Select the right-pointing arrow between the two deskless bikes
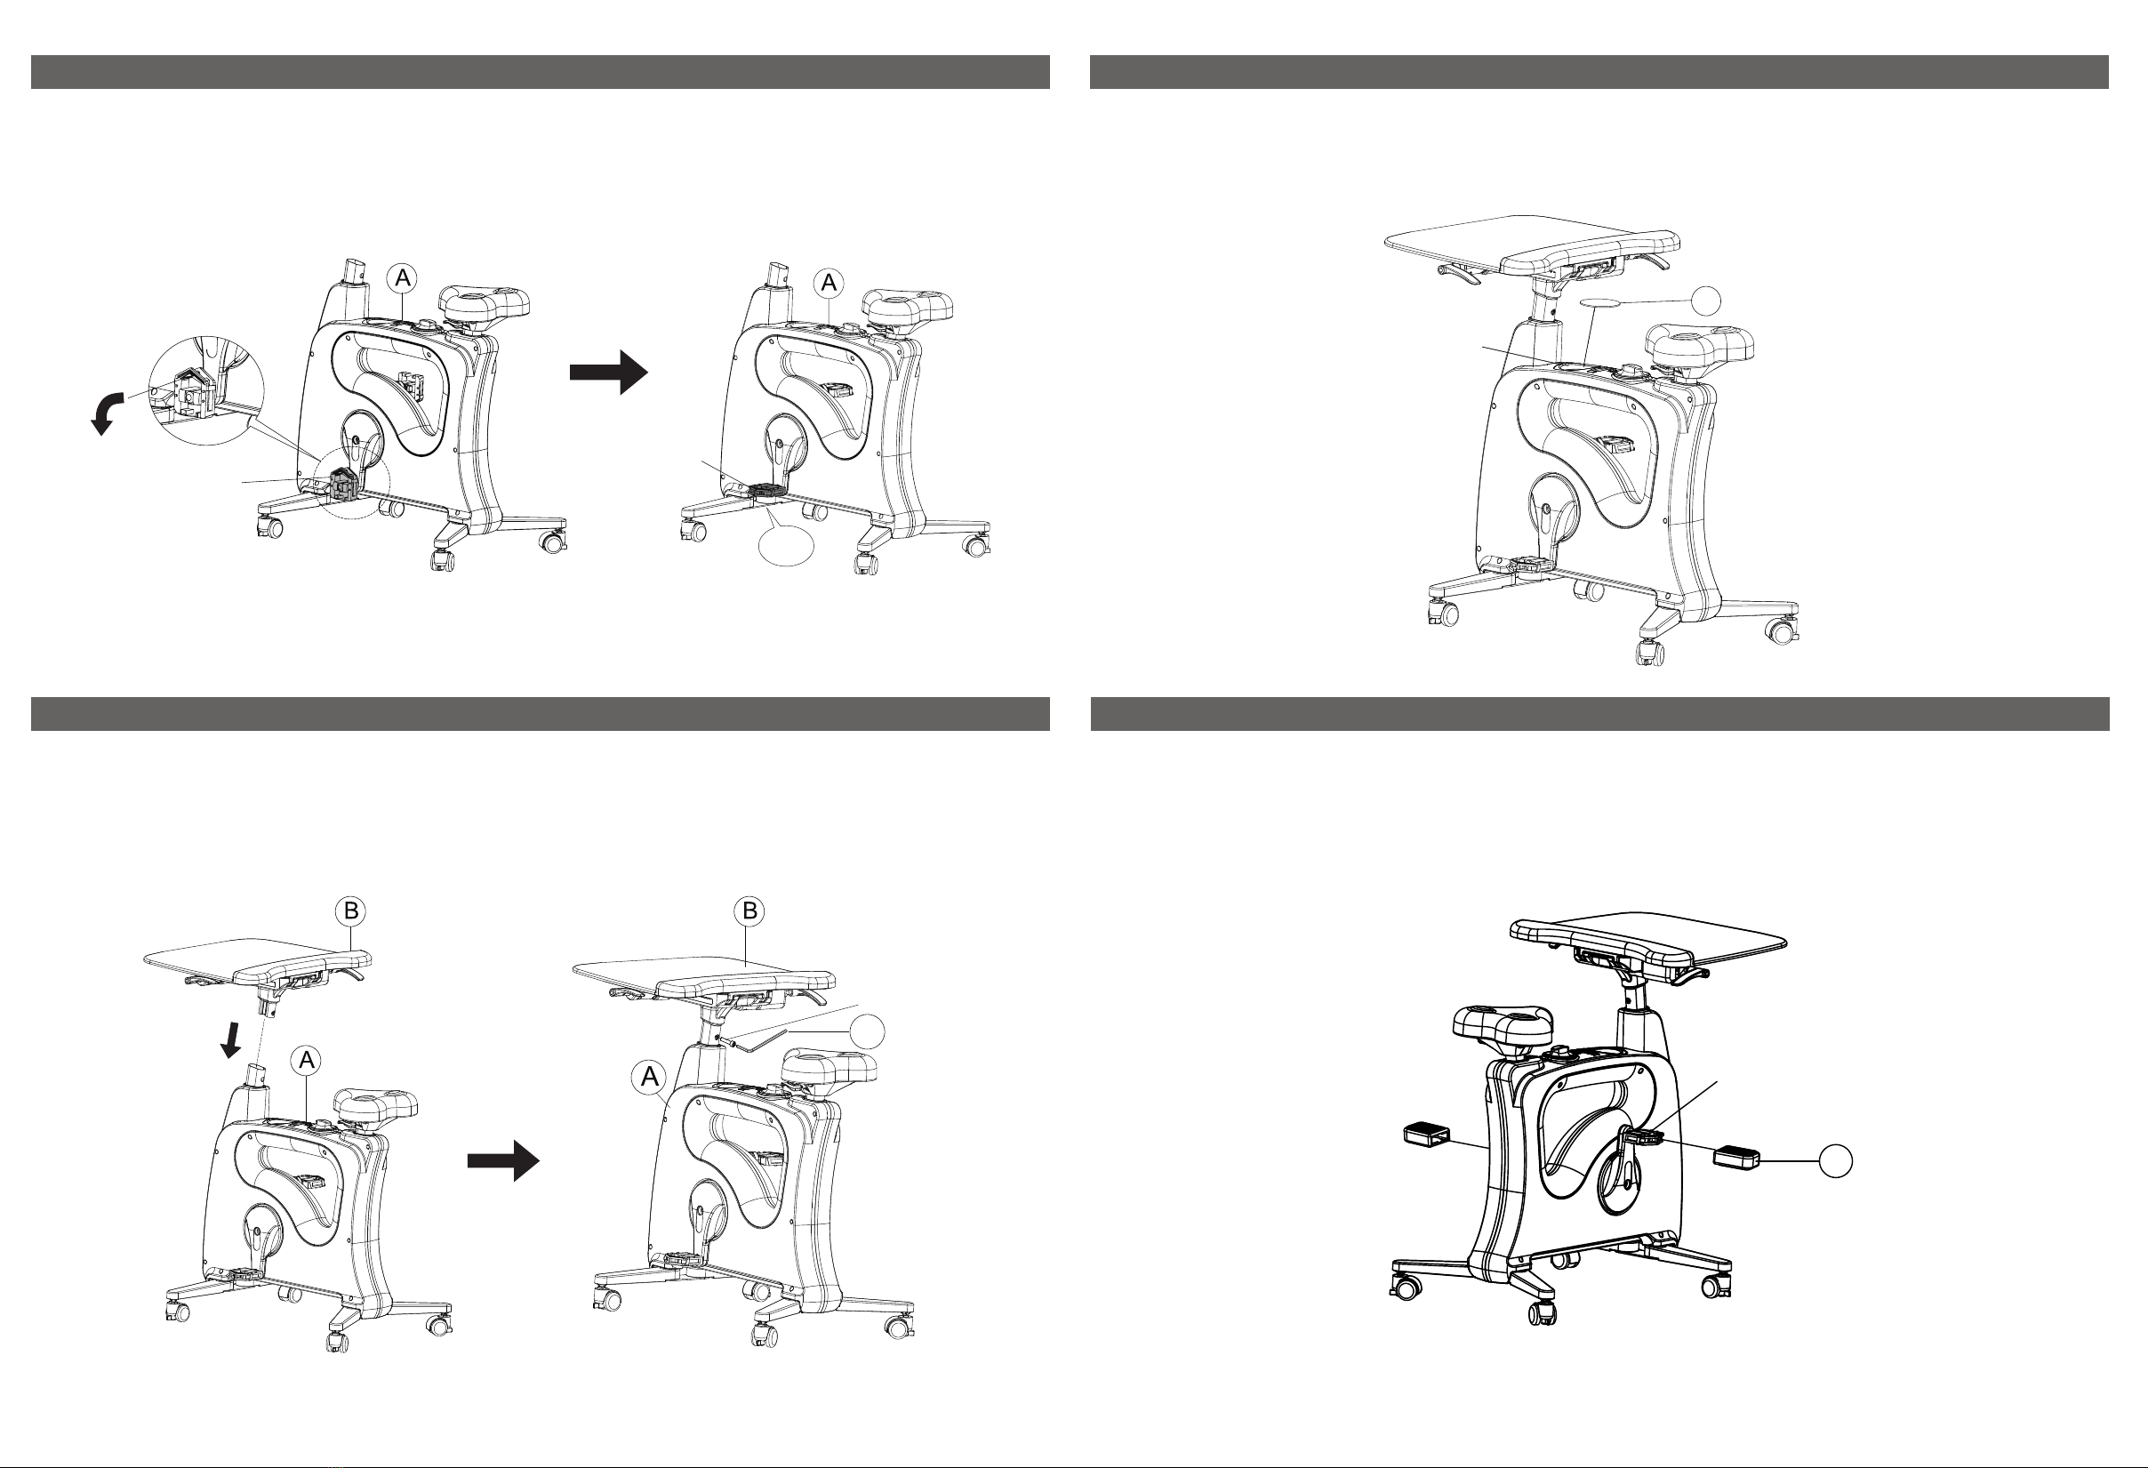[x=608, y=372]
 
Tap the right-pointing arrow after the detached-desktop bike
[x=503, y=1160]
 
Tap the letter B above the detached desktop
[x=351, y=911]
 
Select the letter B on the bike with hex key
[x=749, y=911]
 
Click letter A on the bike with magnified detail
[x=402, y=278]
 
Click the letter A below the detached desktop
[x=307, y=1062]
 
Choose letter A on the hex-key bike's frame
[x=649, y=1076]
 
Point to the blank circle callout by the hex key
[x=867, y=1031]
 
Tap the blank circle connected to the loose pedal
[x=1836, y=1161]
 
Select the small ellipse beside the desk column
[x=1606, y=301]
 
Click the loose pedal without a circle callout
[x=1427, y=1134]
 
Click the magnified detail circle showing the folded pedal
[x=206, y=390]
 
